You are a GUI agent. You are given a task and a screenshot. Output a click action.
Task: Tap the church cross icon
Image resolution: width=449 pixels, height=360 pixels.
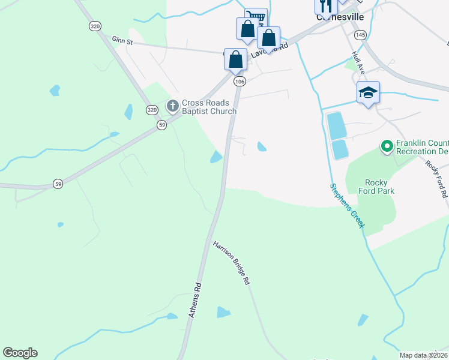173,106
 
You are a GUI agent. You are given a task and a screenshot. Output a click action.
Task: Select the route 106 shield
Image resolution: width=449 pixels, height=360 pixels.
240,81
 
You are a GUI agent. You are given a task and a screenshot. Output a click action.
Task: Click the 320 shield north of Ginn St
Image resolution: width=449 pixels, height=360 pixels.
94,26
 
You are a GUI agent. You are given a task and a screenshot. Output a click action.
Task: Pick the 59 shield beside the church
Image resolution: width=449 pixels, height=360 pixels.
161,125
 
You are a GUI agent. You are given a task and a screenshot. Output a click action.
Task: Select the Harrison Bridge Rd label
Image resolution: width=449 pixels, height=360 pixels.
232,263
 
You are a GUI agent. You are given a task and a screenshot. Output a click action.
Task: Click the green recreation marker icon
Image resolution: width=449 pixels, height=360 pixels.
387,145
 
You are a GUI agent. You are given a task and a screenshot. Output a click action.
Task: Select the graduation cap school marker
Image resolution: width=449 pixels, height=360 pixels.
368,92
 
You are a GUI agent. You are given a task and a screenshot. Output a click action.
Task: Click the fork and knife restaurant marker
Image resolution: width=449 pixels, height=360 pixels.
325,6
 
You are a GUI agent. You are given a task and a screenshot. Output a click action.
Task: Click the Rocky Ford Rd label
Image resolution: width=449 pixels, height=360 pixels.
436,179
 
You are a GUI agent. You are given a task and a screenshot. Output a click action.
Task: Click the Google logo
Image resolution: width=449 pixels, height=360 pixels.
20,353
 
